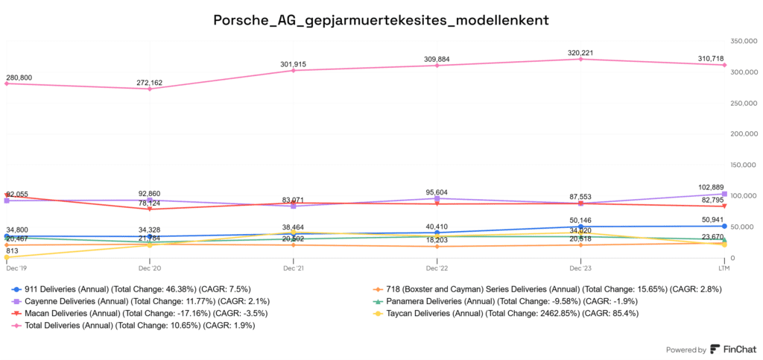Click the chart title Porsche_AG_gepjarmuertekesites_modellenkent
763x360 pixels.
coord(381,20)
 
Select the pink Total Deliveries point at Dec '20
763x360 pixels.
coord(150,89)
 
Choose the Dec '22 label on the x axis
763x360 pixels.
coord(437,267)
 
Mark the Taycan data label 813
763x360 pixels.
coord(12,251)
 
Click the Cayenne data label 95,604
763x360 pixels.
coord(437,192)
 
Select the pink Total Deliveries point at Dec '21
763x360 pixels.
coord(294,71)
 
